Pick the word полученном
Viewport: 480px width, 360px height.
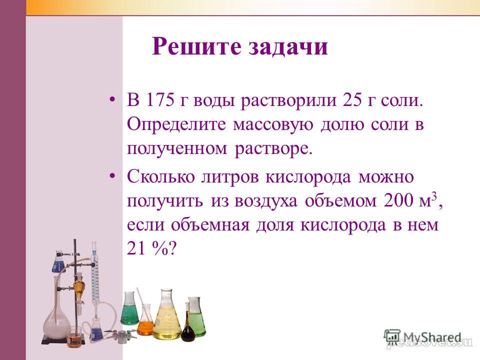coord(177,149)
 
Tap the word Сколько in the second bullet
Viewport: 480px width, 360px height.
coord(160,177)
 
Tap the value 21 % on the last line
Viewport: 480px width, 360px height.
coord(148,248)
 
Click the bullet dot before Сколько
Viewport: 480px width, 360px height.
coord(112,176)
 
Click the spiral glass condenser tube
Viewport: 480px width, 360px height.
coord(95,275)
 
